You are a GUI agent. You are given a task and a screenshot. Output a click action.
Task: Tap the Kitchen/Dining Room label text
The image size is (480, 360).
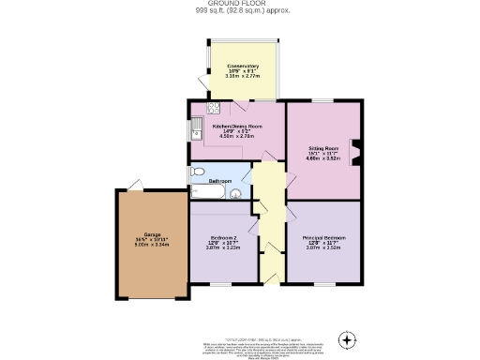236,125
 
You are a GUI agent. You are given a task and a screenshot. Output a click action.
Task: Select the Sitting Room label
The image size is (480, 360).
323,148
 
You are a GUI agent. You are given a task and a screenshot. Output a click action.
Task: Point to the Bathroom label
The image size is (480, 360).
219,180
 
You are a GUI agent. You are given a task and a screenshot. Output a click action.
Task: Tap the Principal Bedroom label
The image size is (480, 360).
323,238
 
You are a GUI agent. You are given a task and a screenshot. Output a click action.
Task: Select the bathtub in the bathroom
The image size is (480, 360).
209,191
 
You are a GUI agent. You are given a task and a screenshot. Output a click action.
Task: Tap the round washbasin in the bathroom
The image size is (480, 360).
235,194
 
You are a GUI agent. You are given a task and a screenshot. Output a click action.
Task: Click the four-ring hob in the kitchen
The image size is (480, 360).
214,108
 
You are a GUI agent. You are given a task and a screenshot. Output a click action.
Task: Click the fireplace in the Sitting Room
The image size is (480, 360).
355,152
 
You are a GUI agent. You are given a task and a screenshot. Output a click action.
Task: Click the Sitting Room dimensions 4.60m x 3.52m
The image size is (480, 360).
323,159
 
